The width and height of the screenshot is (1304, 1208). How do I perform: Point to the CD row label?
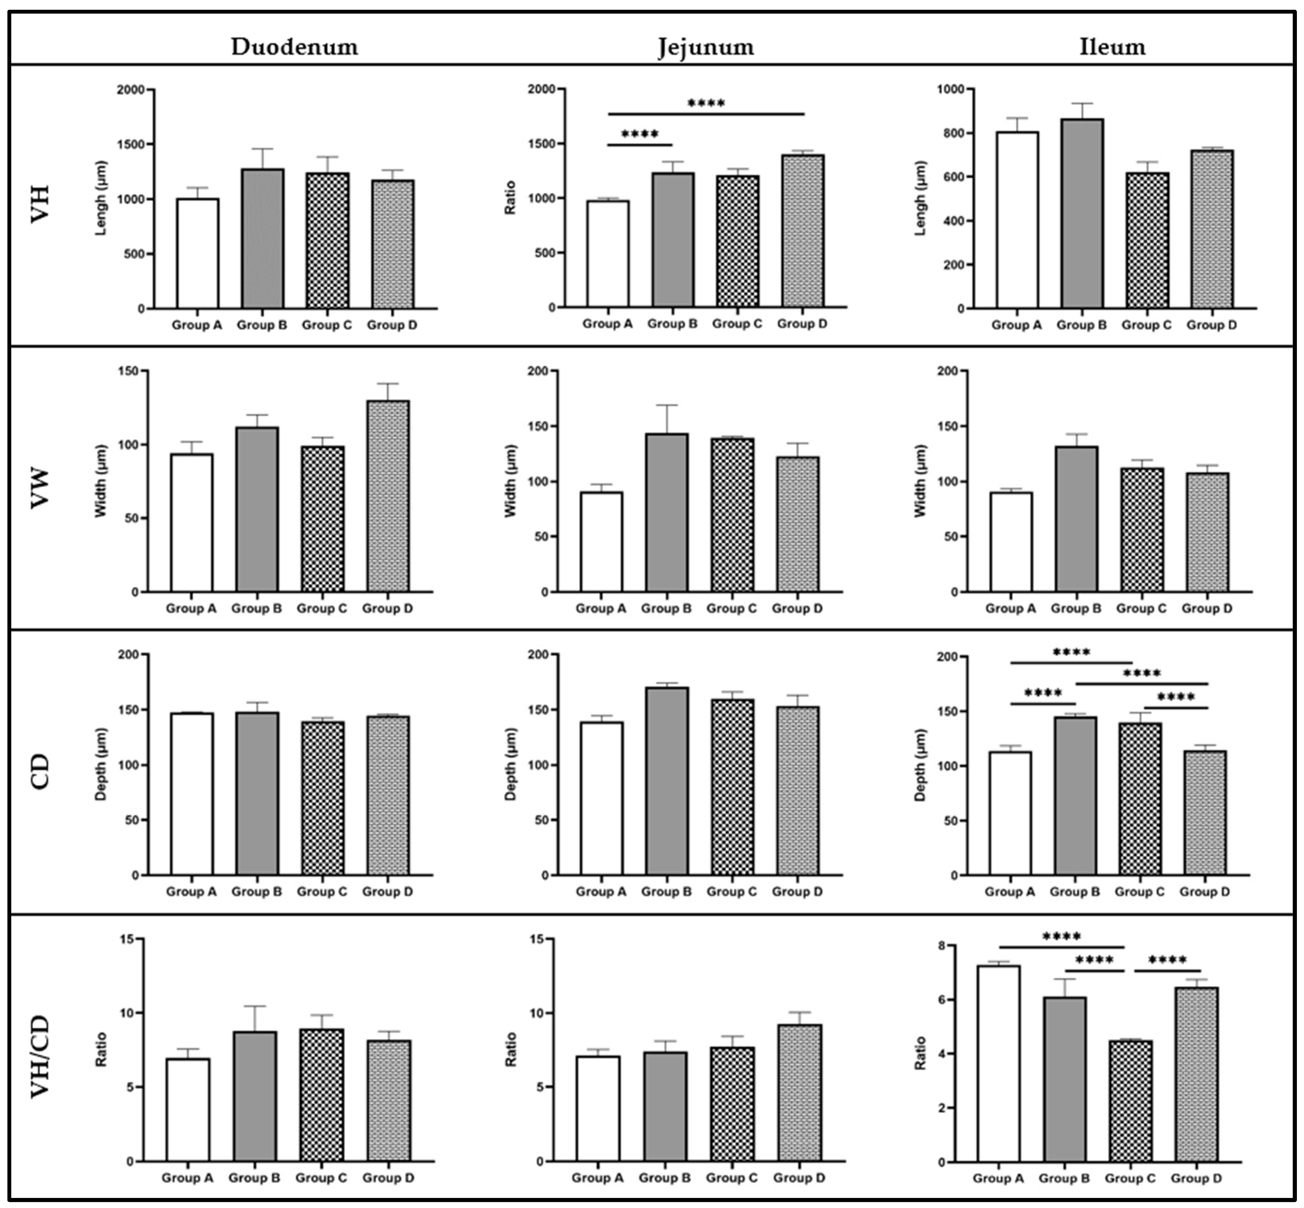pos(41,771)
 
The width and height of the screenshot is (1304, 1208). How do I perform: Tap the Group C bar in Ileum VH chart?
pos(1147,241)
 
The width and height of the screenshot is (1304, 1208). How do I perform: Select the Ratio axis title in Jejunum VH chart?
pos(511,198)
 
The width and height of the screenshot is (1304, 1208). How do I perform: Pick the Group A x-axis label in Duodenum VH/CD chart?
pos(188,1178)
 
